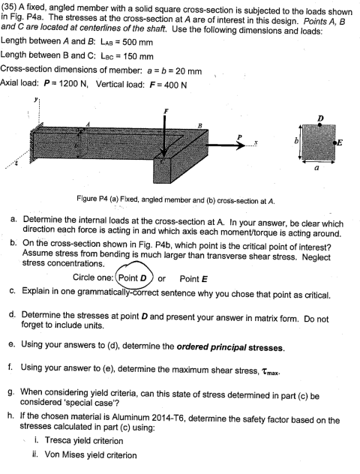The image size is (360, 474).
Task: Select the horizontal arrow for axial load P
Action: [224, 163]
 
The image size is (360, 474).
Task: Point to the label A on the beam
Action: [88, 124]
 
